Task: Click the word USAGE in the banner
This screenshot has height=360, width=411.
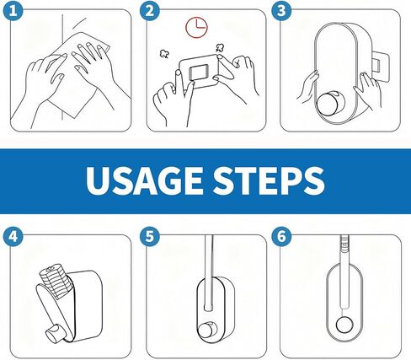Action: click(141, 180)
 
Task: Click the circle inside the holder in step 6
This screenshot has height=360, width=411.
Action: click(344, 325)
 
